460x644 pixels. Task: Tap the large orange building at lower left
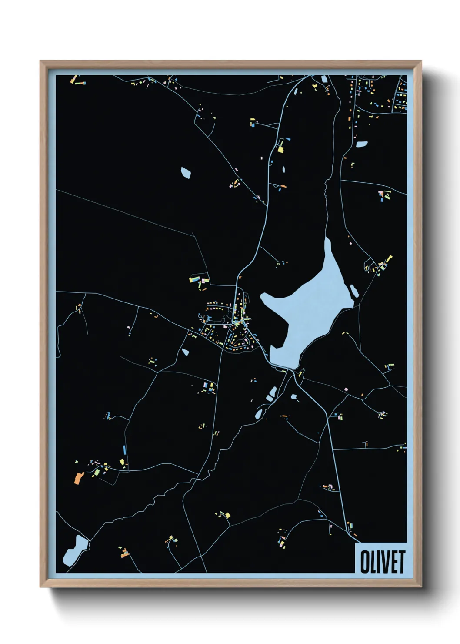tap(78, 478)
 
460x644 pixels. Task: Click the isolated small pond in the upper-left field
tap(186, 172)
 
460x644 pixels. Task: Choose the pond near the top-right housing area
tap(362, 144)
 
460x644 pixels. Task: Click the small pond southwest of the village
tap(186, 352)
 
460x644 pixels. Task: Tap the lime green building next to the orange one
tap(97, 471)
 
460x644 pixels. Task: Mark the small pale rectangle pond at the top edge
tap(324, 79)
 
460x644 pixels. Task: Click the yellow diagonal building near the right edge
tap(388, 260)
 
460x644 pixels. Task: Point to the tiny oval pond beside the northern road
tap(284, 169)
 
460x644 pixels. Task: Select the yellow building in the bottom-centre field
tap(227, 516)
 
